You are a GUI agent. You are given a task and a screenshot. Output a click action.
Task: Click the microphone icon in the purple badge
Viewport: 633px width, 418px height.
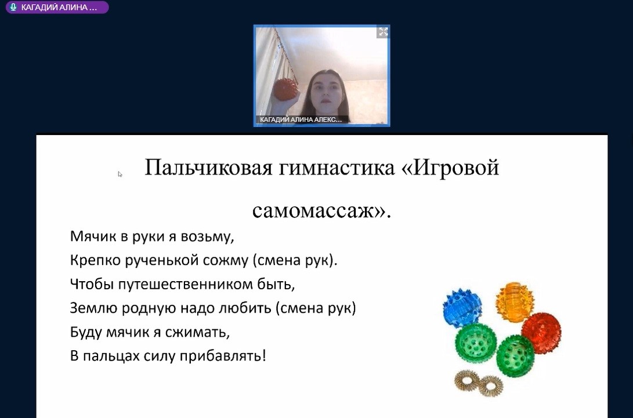13,8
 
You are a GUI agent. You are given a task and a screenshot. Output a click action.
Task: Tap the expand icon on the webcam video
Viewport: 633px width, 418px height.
383,32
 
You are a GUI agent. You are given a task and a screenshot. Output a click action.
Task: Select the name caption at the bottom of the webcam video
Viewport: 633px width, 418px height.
301,119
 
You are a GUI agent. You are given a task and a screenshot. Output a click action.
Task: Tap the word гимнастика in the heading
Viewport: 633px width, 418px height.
337,168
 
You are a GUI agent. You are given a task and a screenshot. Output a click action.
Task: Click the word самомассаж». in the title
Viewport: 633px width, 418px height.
322,210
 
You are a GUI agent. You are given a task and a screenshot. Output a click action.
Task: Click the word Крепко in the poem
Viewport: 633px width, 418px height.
95,260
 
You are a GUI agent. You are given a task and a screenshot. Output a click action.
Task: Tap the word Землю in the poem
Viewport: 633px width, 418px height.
93,308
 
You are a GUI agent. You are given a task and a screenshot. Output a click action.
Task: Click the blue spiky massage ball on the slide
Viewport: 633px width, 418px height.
462,304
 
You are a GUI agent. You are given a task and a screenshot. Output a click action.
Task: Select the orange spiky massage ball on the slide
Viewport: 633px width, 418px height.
514,301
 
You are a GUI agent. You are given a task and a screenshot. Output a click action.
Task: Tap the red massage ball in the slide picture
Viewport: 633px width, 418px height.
541,332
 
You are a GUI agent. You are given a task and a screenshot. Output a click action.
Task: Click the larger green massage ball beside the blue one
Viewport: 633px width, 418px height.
476,343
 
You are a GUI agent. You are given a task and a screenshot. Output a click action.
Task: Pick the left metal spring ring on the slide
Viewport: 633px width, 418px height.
467,380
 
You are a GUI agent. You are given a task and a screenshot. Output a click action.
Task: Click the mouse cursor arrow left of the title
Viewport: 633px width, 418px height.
120,175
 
